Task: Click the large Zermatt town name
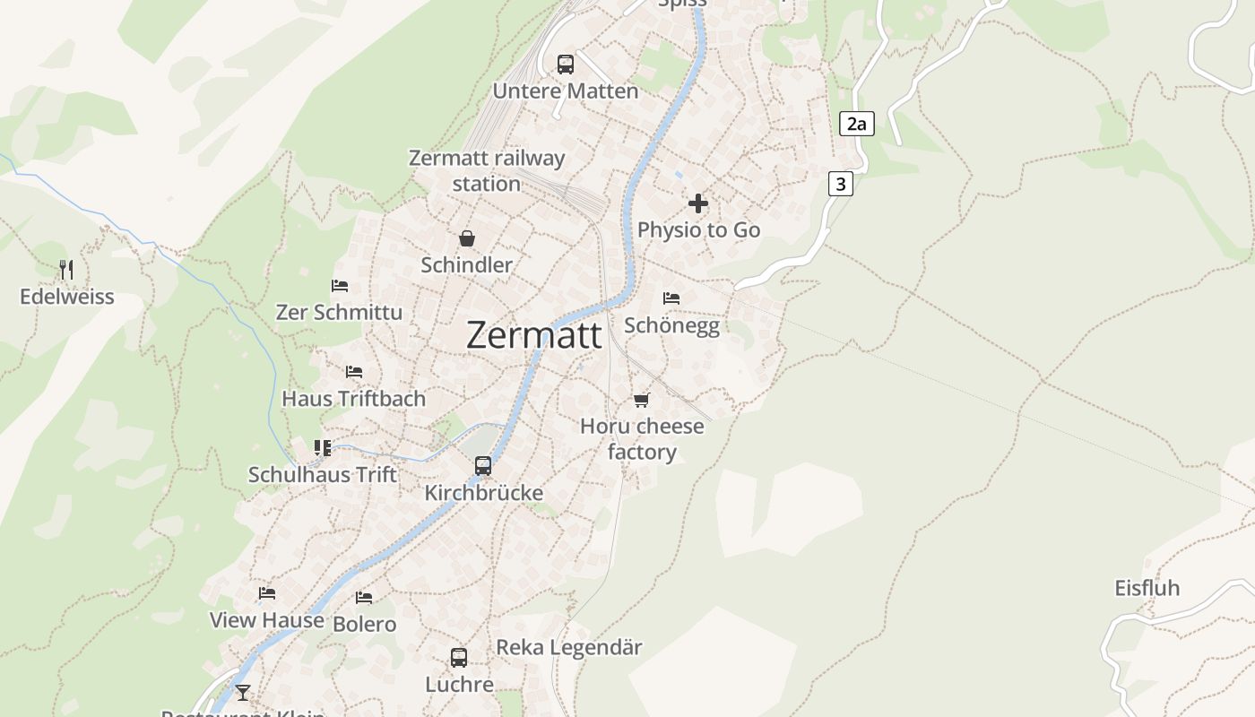(x=534, y=335)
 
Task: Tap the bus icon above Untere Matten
(x=566, y=64)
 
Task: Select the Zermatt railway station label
(x=487, y=170)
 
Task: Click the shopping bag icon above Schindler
(x=467, y=238)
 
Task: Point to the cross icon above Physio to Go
(x=698, y=203)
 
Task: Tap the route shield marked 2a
(x=857, y=124)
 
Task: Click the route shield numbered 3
(x=840, y=185)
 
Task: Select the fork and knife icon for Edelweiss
(x=65, y=269)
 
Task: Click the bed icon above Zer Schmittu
(x=340, y=286)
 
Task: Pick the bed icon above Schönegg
(x=671, y=298)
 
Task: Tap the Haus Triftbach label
(x=354, y=399)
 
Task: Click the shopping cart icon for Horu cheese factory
(x=641, y=400)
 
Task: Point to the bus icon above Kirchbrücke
(x=483, y=466)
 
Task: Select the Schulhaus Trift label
(x=323, y=475)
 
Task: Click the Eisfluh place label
(x=1147, y=589)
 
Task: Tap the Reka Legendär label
(x=569, y=647)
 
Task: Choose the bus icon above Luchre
(x=459, y=658)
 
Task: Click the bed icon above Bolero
(x=364, y=597)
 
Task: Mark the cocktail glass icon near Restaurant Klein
(x=242, y=692)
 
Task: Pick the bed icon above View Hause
(x=267, y=593)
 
